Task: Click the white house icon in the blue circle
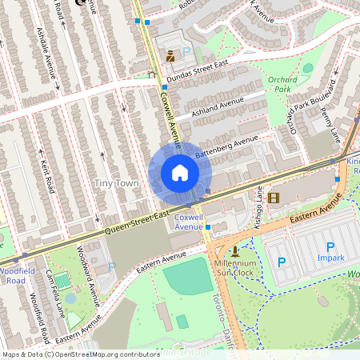tap(180, 173)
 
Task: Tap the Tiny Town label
tap(117, 184)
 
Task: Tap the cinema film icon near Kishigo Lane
tap(274, 198)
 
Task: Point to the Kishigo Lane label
tap(259, 205)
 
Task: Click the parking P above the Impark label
tap(330, 247)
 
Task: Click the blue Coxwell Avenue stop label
tap(188, 222)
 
